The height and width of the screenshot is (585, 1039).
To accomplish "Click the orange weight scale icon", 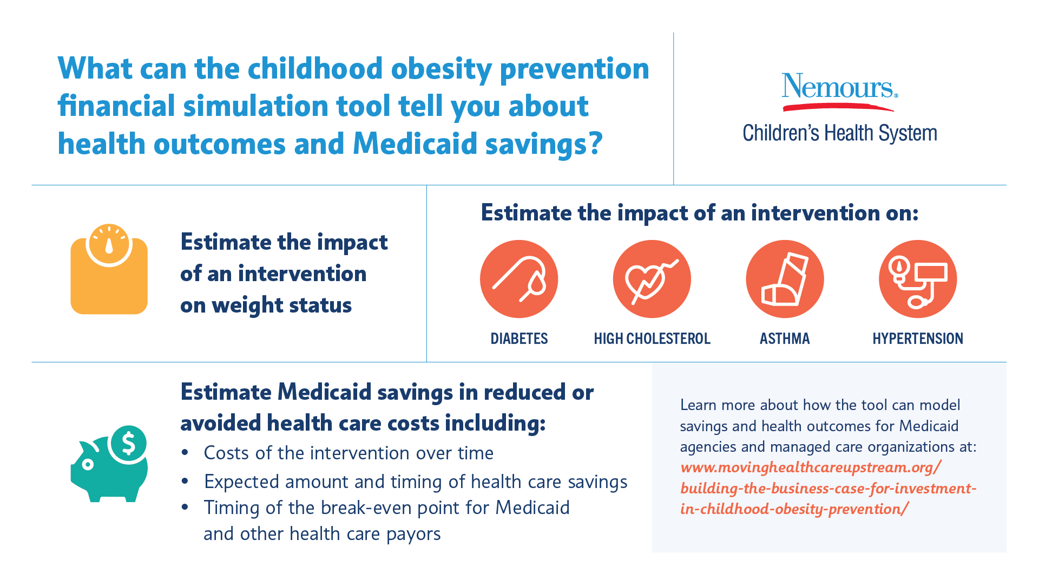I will click(109, 276).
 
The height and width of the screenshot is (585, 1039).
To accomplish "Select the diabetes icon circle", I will click(518, 279).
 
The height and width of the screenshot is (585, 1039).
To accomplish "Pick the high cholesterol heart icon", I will click(652, 279).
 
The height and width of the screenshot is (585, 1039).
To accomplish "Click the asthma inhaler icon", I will click(785, 279).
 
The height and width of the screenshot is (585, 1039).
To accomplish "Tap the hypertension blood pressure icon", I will click(918, 279).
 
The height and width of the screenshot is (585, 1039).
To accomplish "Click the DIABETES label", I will click(519, 339).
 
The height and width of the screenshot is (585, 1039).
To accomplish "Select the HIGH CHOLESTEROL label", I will click(652, 339).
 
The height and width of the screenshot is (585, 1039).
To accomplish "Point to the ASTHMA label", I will click(785, 339).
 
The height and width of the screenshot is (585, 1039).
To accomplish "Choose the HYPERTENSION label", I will click(918, 339).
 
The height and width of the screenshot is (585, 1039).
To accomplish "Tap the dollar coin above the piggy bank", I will click(128, 444).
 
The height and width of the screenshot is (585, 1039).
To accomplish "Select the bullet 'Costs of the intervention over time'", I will click(348, 453).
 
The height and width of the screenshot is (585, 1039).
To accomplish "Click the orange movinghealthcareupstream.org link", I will click(828, 488).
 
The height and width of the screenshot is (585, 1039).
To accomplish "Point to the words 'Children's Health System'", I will click(839, 133).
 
